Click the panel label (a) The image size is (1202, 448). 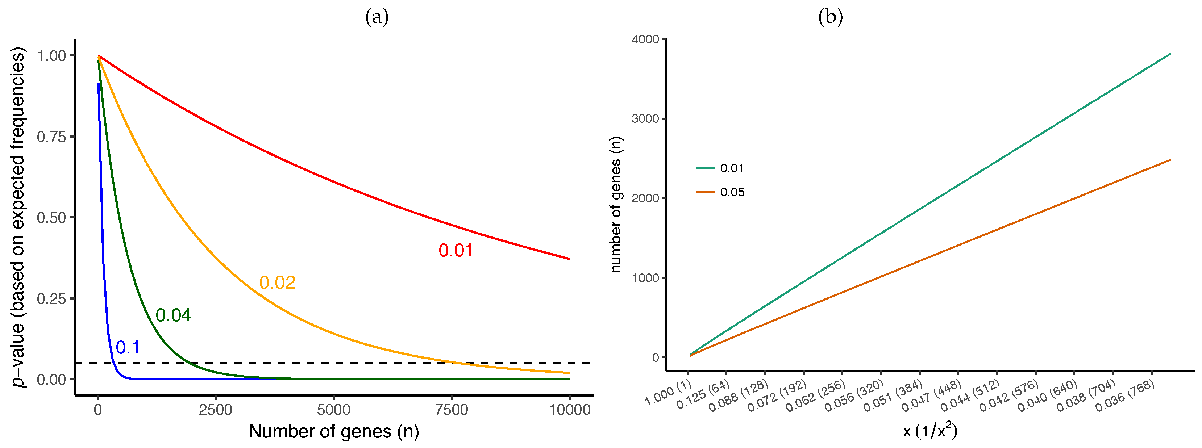tap(377, 17)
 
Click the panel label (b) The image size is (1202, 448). tap(830, 17)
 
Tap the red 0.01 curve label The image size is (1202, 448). tap(456, 251)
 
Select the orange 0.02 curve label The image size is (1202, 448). tap(277, 283)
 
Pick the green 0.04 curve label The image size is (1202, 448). tap(173, 315)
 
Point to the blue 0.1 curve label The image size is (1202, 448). tap(128, 347)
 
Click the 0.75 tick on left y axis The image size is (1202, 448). tap(51, 137)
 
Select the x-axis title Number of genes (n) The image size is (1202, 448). tap(334, 432)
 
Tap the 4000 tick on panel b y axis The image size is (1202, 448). tap(645, 39)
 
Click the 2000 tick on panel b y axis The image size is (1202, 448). tap(645, 198)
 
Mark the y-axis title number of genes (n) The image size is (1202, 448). tap(616, 205)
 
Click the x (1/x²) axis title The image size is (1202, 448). tap(930, 431)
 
